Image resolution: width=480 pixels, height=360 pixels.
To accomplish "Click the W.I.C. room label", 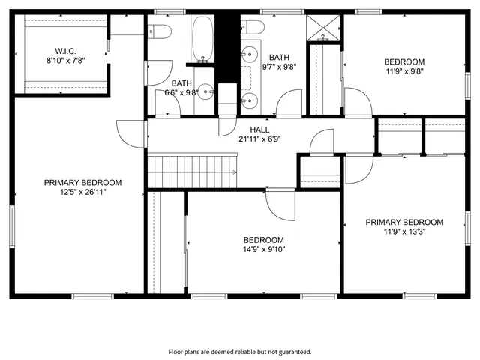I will (x=66, y=51).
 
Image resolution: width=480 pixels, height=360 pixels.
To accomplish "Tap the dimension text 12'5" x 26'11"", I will (x=82, y=192).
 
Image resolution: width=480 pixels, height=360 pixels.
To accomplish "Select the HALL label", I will (x=260, y=130).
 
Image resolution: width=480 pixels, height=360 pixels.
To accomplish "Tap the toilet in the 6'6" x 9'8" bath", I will (x=157, y=31).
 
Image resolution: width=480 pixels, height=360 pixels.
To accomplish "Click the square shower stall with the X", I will (x=324, y=28).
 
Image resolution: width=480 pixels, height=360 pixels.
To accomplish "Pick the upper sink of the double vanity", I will (x=249, y=55).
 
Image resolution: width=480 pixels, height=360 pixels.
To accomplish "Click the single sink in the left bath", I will (x=208, y=91).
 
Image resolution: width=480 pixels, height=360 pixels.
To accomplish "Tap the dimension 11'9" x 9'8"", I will (x=404, y=72).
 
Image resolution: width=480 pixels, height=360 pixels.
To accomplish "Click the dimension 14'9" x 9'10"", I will (x=263, y=250).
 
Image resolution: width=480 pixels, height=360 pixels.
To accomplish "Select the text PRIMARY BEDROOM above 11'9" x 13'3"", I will (x=404, y=222).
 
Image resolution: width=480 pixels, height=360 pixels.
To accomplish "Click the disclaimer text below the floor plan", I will (x=239, y=351).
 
